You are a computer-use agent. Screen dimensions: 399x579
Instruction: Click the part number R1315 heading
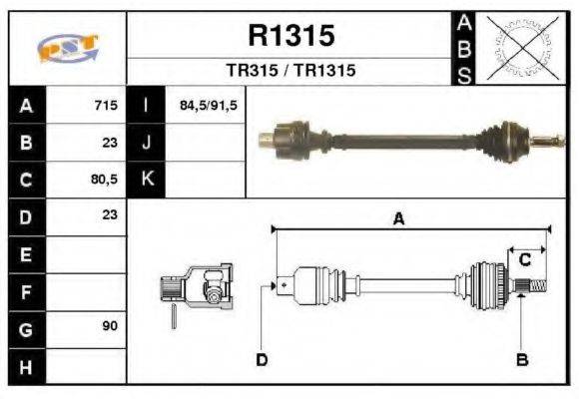(x=290, y=36)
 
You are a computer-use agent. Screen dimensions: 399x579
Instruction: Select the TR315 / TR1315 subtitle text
(x=290, y=71)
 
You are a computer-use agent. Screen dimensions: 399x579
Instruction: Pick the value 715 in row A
(x=105, y=106)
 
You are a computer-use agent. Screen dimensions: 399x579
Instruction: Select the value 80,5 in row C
(x=103, y=181)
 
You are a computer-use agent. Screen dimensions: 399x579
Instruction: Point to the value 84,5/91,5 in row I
(x=208, y=106)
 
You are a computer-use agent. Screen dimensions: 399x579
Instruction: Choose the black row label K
(x=146, y=181)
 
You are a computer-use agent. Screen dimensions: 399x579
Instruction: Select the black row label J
(x=146, y=143)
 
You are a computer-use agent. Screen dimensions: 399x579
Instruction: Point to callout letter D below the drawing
(x=262, y=359)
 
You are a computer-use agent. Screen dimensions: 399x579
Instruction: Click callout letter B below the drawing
(x=520, y=359)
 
